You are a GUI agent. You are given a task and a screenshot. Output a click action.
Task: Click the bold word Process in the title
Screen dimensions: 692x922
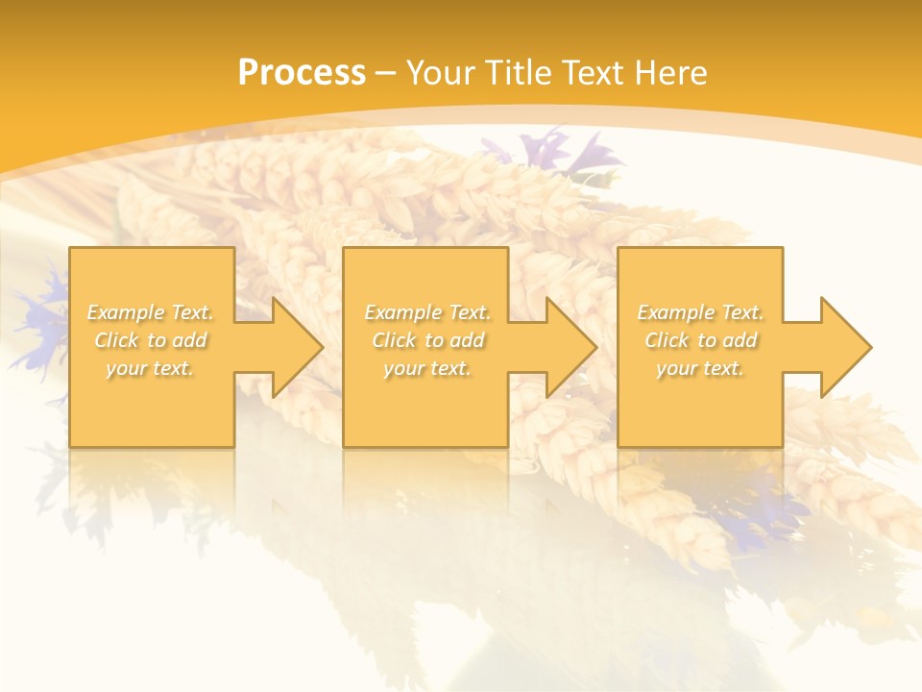coord(302,73)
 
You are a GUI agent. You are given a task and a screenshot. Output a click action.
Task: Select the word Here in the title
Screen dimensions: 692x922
coord(670,73)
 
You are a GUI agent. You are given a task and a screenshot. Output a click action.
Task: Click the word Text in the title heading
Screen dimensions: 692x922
coord(593,73)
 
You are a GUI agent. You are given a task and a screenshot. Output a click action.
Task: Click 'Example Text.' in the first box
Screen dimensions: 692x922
coord(151,312)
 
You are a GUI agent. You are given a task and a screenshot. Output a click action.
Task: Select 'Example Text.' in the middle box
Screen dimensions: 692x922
coord(427,312)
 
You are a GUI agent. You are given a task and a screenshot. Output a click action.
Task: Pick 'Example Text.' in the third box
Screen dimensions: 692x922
coord(700,312)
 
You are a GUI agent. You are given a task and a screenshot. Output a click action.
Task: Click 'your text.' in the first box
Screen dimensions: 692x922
coord(150,368)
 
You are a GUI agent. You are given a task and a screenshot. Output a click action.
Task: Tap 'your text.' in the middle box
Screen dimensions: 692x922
coord(427,368)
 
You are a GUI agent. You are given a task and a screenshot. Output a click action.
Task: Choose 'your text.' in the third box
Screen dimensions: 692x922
coord(700,368)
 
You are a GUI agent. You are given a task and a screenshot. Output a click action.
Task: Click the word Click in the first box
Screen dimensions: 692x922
coord(116,340)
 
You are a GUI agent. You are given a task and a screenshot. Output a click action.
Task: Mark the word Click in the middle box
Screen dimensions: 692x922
coord(394,340)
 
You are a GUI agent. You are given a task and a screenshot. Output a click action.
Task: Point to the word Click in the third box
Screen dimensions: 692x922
coord(667,340)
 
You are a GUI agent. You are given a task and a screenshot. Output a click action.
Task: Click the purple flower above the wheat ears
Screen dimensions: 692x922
coord(567,154)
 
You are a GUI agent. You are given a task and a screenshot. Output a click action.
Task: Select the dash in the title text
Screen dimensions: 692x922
coord(386,74)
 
